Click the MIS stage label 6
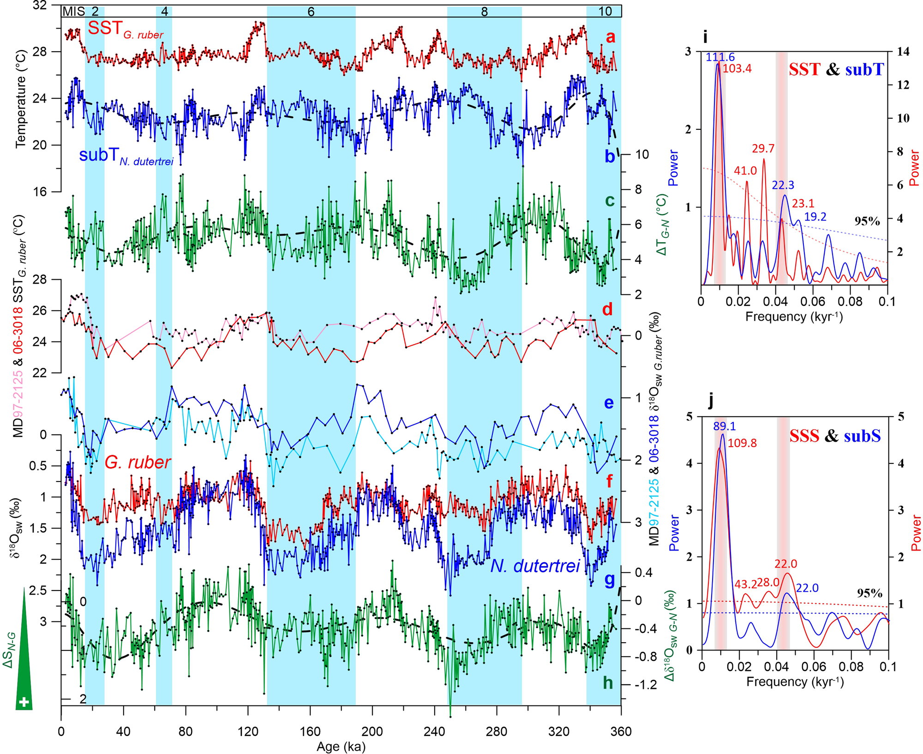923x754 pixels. [311, 12]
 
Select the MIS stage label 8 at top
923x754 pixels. [484, 12]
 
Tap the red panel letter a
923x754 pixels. [610, 36]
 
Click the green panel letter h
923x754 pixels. [608, 682]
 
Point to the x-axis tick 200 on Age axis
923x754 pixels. [372, 731]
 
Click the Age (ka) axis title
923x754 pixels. [341, 747]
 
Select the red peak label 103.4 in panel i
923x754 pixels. [737, 69]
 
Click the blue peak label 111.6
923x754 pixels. [720, 57]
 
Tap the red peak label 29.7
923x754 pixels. [763, 149]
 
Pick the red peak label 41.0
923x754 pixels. [745, 171]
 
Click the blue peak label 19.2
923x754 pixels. [815, 217]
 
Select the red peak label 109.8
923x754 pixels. [742, 443]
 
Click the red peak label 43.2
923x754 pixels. [745, 584]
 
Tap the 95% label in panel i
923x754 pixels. [867, 221]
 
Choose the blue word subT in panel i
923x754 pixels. [864, 70]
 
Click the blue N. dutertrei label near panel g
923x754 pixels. [534, 566]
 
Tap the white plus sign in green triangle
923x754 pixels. [24, 703]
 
